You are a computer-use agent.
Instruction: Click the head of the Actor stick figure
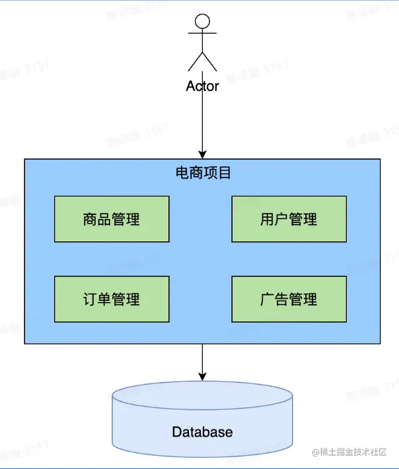[202, 20]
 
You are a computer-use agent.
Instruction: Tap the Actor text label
[202, 86]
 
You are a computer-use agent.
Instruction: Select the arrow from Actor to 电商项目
[202, 125]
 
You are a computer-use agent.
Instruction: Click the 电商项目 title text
[203, 173]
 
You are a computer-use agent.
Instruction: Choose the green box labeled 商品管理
[111, 219]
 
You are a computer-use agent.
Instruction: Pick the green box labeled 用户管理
[289, 219]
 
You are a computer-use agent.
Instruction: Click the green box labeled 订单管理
[111, 299]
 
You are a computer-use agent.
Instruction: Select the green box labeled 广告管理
[289, 299]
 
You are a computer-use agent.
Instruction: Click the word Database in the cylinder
[202, 432]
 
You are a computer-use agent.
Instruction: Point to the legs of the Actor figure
[202, 62]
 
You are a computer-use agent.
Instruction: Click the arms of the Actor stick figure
[202, 33]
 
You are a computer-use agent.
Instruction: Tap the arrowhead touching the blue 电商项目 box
[202, 154]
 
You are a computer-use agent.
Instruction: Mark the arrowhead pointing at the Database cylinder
[202, 375]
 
